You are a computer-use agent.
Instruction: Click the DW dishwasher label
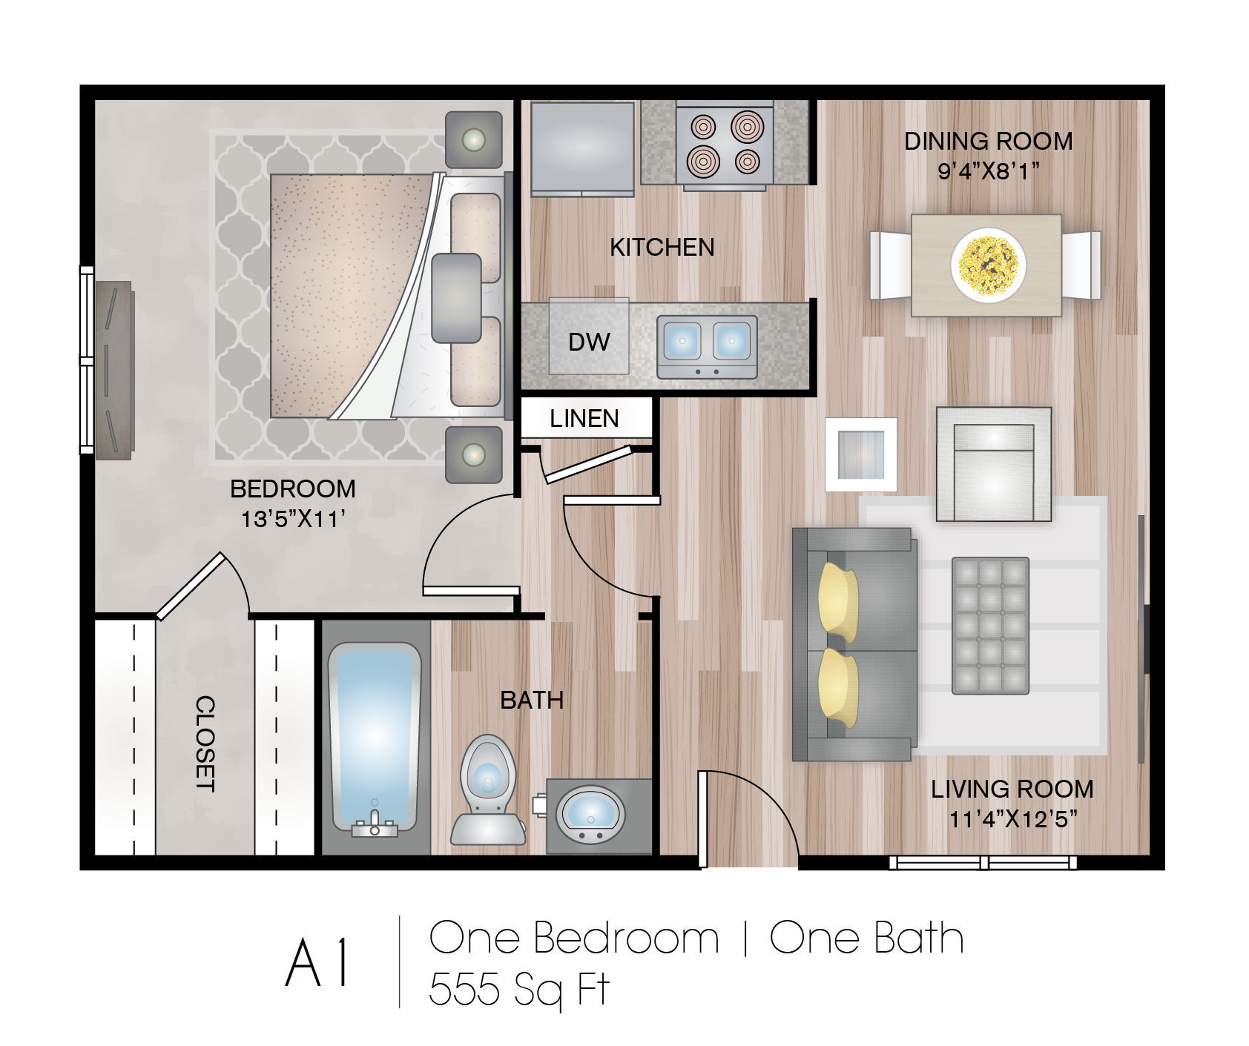(589, 342)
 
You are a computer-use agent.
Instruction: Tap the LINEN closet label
(584, 419)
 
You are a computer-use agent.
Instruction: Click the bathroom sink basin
(590, 811)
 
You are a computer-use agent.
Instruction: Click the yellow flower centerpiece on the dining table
(989, 265)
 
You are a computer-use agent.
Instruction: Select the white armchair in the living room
(994, 464)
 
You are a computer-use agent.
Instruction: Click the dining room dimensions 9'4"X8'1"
(988, 171)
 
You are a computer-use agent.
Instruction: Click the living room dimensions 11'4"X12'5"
(1012, 819)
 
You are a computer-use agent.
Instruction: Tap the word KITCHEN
(662, 247)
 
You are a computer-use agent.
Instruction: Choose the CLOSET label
(205, 744)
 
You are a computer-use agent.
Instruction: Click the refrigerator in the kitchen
(583, 149)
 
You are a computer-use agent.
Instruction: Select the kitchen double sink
(707, 346)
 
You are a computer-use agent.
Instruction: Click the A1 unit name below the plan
(317, 963)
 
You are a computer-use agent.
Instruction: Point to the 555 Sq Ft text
(518, 988)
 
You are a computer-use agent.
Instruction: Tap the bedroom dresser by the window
(115, 370)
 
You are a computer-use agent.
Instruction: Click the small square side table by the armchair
(861, 454)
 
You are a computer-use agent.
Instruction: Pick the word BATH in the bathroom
(532, 700)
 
